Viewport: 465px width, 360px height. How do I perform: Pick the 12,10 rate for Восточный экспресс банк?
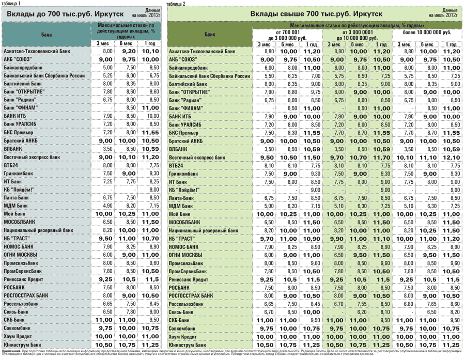[x=451, y=157]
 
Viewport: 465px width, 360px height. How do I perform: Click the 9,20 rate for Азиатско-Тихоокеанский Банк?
[x=128, y=52]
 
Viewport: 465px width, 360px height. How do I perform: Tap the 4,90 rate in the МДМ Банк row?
[x=108, y=206]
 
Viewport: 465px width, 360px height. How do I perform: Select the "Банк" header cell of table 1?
[x=45, y=34]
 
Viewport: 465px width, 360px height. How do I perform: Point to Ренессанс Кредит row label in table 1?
[x=26, y=279]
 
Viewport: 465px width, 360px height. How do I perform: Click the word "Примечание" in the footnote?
[x=11, y=351]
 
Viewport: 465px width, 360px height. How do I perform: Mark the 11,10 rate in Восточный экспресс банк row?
[x=428, y=157]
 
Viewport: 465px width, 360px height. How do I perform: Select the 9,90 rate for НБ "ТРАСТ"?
[x=338, y=238]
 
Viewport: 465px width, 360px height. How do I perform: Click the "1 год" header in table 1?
[x=150, y=43]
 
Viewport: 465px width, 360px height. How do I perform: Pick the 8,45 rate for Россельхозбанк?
[x=150, y=303]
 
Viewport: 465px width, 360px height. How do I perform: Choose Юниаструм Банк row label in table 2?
[x=191, y=344]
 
